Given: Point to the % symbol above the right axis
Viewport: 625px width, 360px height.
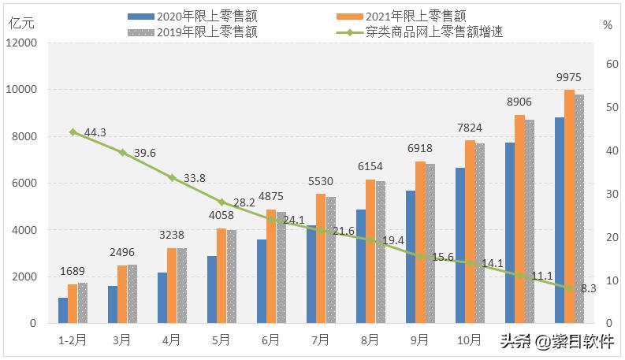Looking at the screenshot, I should [607, 24].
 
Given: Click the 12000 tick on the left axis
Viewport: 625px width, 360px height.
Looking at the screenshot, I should [23, 43].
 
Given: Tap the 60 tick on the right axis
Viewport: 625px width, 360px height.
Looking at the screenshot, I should [608, 65].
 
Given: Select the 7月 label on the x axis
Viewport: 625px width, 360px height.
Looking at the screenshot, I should [321, 340].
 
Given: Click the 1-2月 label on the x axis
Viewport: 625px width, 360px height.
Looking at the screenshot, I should [73, 340].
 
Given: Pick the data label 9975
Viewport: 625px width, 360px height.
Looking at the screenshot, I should [569, 76].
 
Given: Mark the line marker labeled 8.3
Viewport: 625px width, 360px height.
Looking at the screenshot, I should [569, 288].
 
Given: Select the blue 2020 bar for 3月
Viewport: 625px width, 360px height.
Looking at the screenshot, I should [112, 305].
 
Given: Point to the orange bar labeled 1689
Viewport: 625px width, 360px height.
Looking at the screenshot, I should [73, 304].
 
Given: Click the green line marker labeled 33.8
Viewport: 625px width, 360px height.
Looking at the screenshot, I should [172, 178].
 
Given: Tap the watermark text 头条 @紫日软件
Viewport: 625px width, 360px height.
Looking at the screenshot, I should [556, 342].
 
